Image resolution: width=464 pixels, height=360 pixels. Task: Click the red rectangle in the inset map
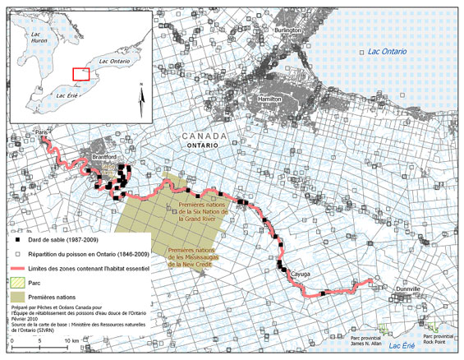click(80, 73)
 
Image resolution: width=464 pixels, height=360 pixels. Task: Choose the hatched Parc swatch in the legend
click(17, 282)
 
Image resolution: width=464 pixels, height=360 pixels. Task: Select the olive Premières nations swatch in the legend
click(17, 295)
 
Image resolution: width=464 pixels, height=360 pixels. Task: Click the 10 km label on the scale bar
click(75, 339)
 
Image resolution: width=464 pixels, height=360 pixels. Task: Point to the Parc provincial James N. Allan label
click(366, 339)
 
